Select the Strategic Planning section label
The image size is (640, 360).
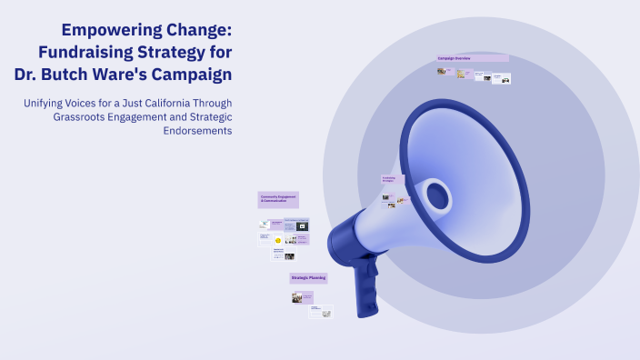(x=308, y=277)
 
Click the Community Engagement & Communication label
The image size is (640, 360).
(x=278, y=199)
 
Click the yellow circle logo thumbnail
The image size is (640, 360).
(x=264, y=241)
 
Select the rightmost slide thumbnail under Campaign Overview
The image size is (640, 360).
(x=505, y=79)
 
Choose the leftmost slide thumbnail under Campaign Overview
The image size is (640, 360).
(x=442, y=70)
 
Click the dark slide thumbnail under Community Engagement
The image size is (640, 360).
(x=303, y=225)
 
